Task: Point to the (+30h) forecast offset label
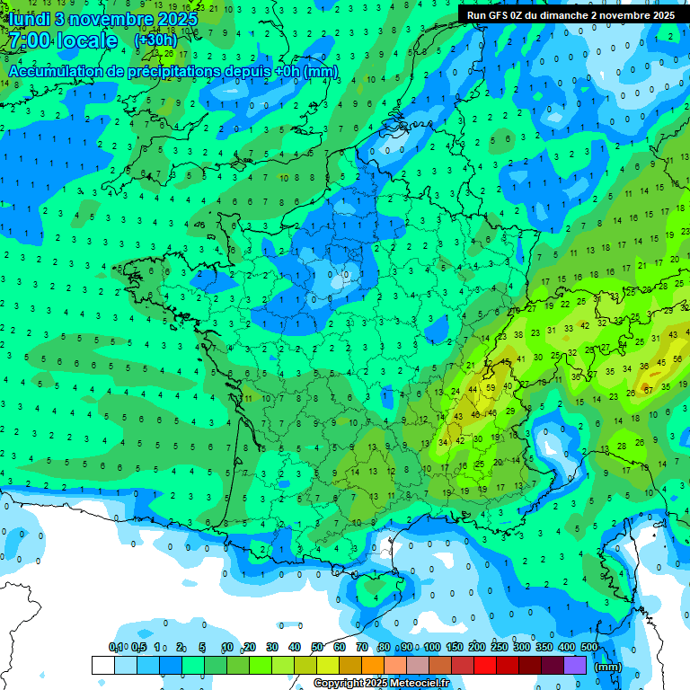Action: click(155, 40)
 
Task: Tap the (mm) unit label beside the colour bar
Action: click(608, 667)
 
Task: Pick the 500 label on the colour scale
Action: click(589, 648)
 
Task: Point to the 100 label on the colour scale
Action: click(432, 648)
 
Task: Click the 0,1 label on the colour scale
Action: click(116, 648)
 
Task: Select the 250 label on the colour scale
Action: click(500, 648)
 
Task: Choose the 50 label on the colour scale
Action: click(317, 648)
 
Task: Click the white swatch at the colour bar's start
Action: click(102, 665)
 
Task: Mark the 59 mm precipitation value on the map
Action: click(490, 388)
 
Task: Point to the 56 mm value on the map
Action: click(676, 361)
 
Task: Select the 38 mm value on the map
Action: click(518, 334)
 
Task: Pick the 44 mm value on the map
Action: click(473, 389)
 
